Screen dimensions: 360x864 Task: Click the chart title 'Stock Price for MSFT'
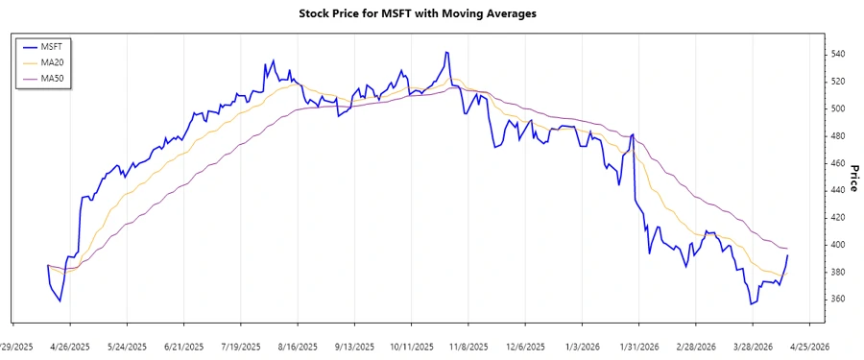coord(431,13)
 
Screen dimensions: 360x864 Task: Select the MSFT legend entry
coord(60,46)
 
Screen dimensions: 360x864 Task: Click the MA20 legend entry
coord(60,62)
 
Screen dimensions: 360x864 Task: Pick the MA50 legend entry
coord(60,79)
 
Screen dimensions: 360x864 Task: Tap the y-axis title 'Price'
coord(852,178)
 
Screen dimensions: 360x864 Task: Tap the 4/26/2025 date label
coord(72,347)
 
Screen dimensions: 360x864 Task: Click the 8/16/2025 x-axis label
coord(298,347)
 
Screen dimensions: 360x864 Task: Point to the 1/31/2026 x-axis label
coord(636,347)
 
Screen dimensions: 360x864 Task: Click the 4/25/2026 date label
coord(805,347)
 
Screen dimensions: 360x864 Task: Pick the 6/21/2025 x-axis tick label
coord(184,347)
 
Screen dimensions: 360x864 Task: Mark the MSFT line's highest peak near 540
coord(446,52)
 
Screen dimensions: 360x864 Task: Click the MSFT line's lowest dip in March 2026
coord(751,304)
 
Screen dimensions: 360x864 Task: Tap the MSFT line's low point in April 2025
coord(60,301)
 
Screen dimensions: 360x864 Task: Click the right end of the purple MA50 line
coord(788,250)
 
